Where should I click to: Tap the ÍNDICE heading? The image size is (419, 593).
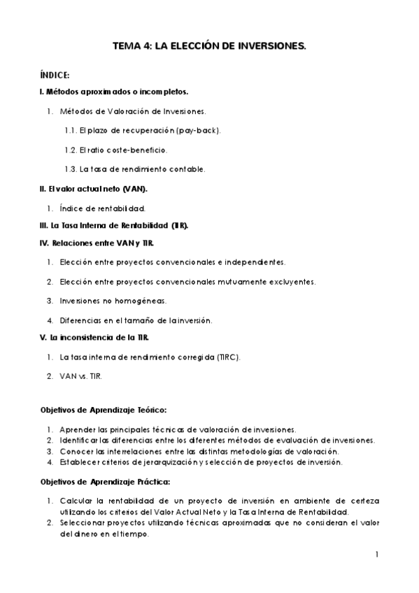(x=55, y=76)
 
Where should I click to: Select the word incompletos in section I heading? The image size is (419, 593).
(x=163, y=92)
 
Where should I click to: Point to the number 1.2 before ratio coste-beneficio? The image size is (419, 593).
(x=70, y=150)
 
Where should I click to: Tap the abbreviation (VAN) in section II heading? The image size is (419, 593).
(x=134, y=189)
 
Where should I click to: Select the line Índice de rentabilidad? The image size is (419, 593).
(x=102, y=208)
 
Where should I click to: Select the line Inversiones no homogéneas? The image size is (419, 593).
(x=113, y=301)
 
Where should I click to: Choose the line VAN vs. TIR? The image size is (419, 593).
(x=81, y=376)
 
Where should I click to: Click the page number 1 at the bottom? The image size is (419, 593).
(x=376, y=555)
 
